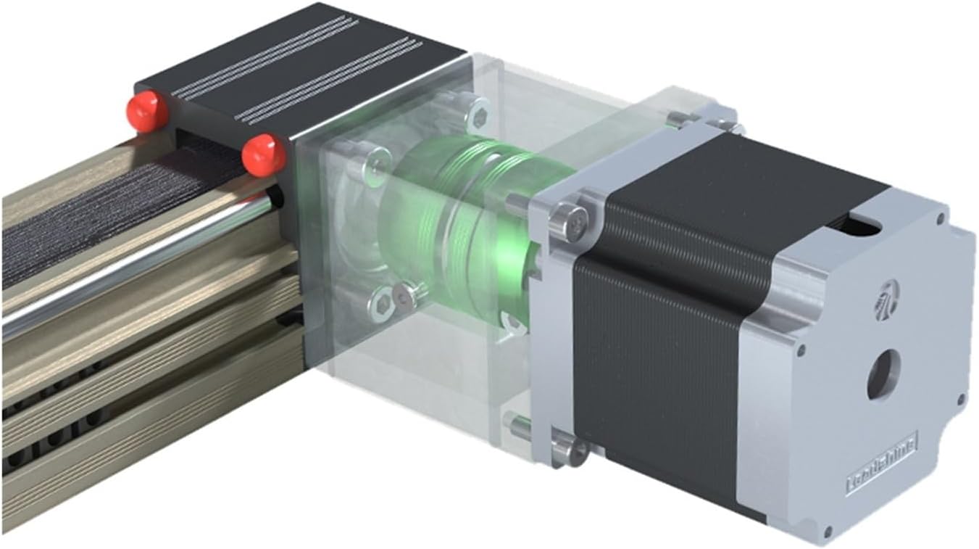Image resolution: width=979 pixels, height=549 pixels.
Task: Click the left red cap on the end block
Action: [x=149, y=111]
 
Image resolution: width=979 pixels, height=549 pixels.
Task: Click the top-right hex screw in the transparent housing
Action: [x=478, y=114]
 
